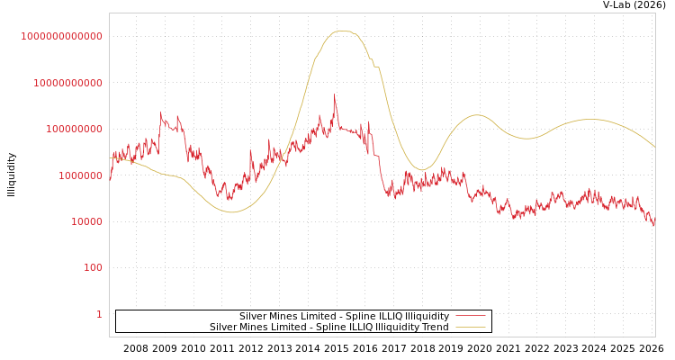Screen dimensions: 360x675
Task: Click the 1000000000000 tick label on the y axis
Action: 62,36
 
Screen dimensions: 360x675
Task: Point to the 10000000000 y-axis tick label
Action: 67,83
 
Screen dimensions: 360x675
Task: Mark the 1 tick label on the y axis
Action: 99,314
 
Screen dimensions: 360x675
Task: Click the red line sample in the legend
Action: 470,316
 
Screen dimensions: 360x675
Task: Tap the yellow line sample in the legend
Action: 470,327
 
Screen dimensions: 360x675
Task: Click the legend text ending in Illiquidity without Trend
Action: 344,316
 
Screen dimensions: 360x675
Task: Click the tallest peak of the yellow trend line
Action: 340,31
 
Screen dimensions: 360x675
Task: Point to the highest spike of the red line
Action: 335,95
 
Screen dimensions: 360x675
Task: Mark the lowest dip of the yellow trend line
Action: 231,212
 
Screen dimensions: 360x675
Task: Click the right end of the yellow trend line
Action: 654,147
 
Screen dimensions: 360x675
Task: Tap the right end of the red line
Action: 654,220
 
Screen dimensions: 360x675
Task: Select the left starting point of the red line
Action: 110,179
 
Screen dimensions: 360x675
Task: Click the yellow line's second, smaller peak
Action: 476,115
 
